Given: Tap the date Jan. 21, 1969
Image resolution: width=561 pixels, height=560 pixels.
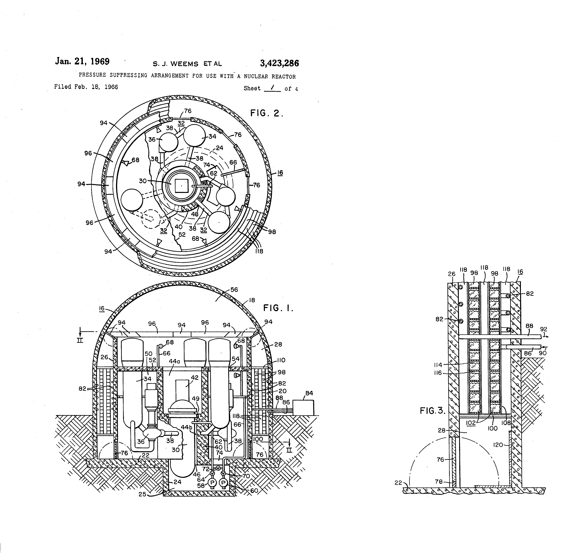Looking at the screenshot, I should pos(82,62).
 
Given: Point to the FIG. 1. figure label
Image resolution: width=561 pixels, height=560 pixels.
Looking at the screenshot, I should pos(278,308).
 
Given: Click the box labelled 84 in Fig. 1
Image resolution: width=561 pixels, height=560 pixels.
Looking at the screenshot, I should pos(303,408).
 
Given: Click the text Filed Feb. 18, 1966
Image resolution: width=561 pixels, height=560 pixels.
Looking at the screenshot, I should pos(86,87).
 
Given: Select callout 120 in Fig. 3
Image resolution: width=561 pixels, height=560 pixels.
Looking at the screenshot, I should pos(498,445).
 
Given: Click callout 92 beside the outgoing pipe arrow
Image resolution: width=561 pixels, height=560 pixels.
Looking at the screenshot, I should pos(544,329).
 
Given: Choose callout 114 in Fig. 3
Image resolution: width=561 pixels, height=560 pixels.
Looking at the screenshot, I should pos(438,365).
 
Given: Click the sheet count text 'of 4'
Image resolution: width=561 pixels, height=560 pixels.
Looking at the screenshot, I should pos(291,89).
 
